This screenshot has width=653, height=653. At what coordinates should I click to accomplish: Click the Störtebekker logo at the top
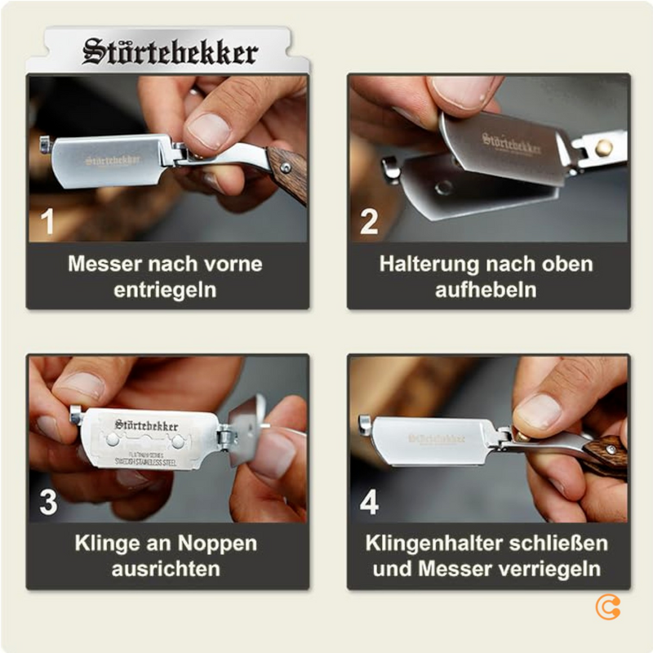point(170,52)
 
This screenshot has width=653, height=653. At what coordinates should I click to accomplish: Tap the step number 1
point(48,222)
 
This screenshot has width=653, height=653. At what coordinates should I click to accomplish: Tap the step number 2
point(369,222)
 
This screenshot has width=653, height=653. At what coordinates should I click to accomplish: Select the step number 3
point(48,502)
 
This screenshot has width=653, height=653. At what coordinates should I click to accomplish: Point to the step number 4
point(369,502)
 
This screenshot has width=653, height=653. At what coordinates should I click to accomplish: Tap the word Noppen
point(218,544)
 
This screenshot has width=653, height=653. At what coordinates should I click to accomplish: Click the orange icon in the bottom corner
point(608,606)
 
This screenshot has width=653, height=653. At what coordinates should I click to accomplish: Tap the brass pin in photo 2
point(604,148)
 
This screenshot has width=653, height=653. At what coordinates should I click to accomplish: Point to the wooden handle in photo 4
point(604,455)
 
